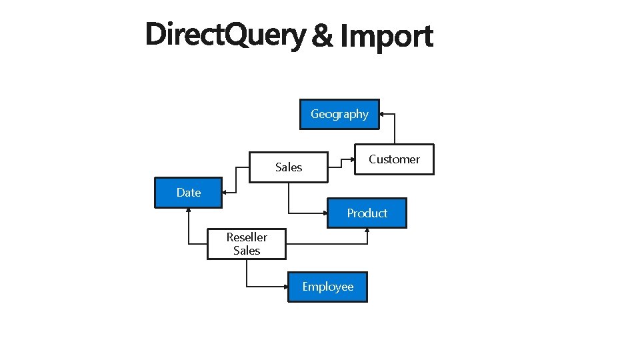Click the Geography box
[339, 114]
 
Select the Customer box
[394, 159]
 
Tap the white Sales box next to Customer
[289, 167]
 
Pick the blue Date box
[188, 193]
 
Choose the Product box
[367, 213]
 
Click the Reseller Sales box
[247, 244]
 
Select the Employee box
[327, 287]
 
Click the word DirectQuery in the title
[225, 35]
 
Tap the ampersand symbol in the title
[323, 36]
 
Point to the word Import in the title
[387, 36]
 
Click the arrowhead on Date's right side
[225, 193]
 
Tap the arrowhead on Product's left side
[324, 213]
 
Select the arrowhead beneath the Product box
[367, 231]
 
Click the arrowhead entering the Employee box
[285, 287]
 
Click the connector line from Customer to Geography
[395, 130]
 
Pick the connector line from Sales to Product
[289, 200]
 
